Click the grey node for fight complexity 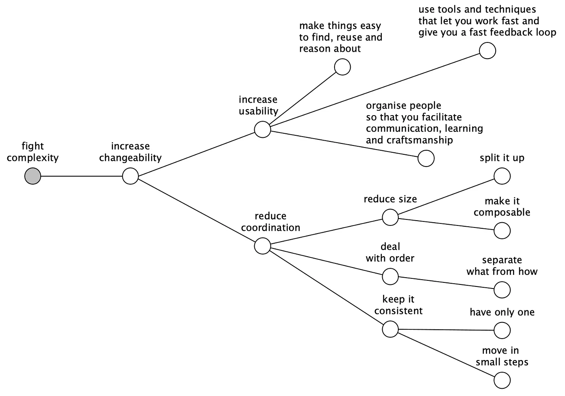(33, 177)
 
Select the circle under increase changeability (130, 177)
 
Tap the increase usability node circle (263, 130)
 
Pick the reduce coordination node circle (263, 246)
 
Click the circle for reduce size (390, 217)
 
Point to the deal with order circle (390, 276)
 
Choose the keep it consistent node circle (390, 329)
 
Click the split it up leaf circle (502, 176)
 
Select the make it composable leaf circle (502, 231)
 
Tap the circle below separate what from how (502, 290)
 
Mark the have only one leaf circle (502, 330)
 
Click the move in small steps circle (502, 380)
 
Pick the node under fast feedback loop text (488, 51)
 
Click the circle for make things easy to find (343, 67)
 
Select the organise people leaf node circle (426, 158)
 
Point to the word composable (502, 213)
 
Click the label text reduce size (390, 199)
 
